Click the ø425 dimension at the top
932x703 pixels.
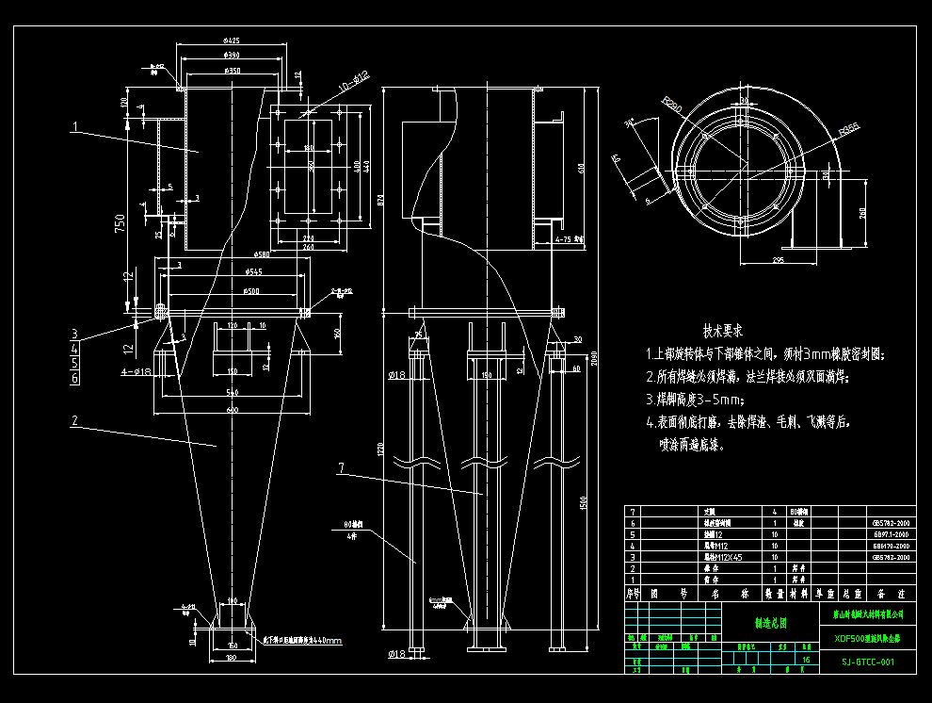click(x=231, y=41)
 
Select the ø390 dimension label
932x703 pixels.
click(x=231, y=56)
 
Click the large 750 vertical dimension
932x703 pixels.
click(x=120, y=222)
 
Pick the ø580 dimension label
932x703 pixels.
click(x=262, y=254)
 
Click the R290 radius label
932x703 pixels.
click(x=671, y=104)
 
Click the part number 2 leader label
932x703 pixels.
click(x=72, y=419)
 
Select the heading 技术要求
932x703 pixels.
click(x=723, y=332)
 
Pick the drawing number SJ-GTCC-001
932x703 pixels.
click(x=868, y=662)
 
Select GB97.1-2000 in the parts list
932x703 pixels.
click(x=891, y=533)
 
